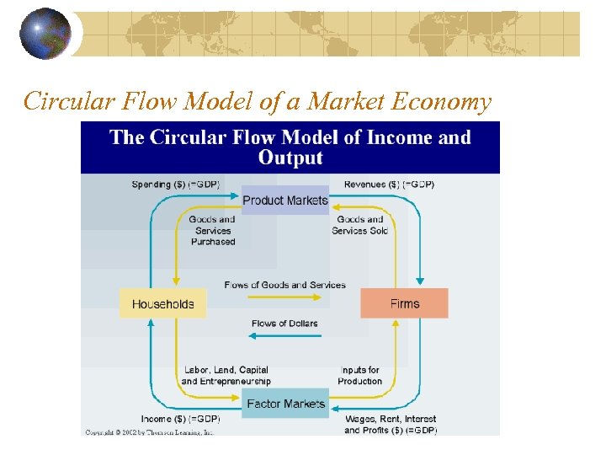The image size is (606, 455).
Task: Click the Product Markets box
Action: click(x=284, y=201)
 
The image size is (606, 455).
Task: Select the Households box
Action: click(x=162, y=304)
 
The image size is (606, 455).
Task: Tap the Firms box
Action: click(x=404, y=303)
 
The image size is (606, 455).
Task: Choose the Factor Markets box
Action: click(x=285, y=404)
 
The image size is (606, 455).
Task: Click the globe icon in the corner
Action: click(x=45, y=33)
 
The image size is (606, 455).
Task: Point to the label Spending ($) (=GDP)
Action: click(x=176, y=184)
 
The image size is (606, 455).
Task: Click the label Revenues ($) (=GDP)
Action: click(x=389, y=184)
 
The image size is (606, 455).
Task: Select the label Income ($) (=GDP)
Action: click(x=180, y=419)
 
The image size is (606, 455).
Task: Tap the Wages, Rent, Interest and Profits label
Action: click(x=391, y=425)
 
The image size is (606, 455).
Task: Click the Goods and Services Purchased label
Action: click(x=213, y=230)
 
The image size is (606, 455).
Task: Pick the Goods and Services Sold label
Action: click(x=359, y=225)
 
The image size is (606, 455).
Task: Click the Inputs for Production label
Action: click(x=360, y=376)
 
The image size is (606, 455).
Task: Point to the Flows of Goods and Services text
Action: click(x=284, y=285)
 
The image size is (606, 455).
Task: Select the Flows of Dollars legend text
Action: click(x=284, y=324)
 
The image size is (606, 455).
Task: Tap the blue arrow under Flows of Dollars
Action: click(x=285, y=335)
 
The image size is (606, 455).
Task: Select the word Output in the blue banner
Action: click(x=290, y=158)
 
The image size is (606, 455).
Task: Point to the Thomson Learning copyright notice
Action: click(x=150, y=432)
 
